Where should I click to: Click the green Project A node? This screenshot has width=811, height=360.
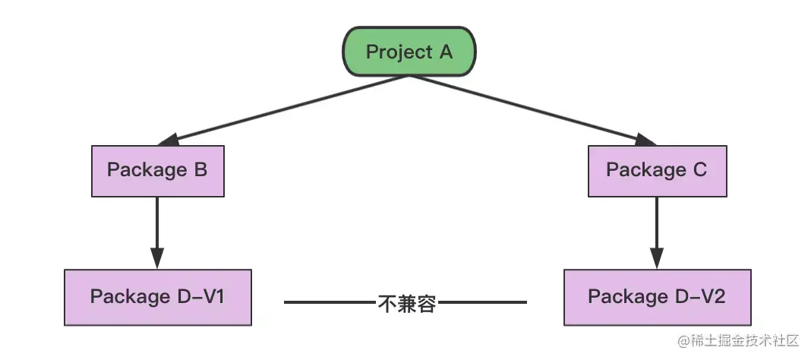[x=409, y=52]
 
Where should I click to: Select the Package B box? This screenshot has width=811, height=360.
[x=157, y=169]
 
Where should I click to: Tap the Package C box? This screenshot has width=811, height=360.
[x=657, y=169]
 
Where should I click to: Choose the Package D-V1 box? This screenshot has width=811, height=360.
[x=157, y=296]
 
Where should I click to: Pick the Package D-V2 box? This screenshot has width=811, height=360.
[x=657, y=296]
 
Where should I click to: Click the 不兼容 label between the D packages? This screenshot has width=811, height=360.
[x=406, y=303]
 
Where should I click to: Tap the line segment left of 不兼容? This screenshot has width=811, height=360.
[x=330, y=302]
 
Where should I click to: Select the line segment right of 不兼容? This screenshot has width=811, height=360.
[x=481, y=302]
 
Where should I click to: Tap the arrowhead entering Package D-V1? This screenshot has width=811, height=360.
[x=157, y=258]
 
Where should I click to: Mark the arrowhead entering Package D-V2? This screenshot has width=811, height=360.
[x=657, y=258]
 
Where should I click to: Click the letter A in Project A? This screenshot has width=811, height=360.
[x=445, y=52]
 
